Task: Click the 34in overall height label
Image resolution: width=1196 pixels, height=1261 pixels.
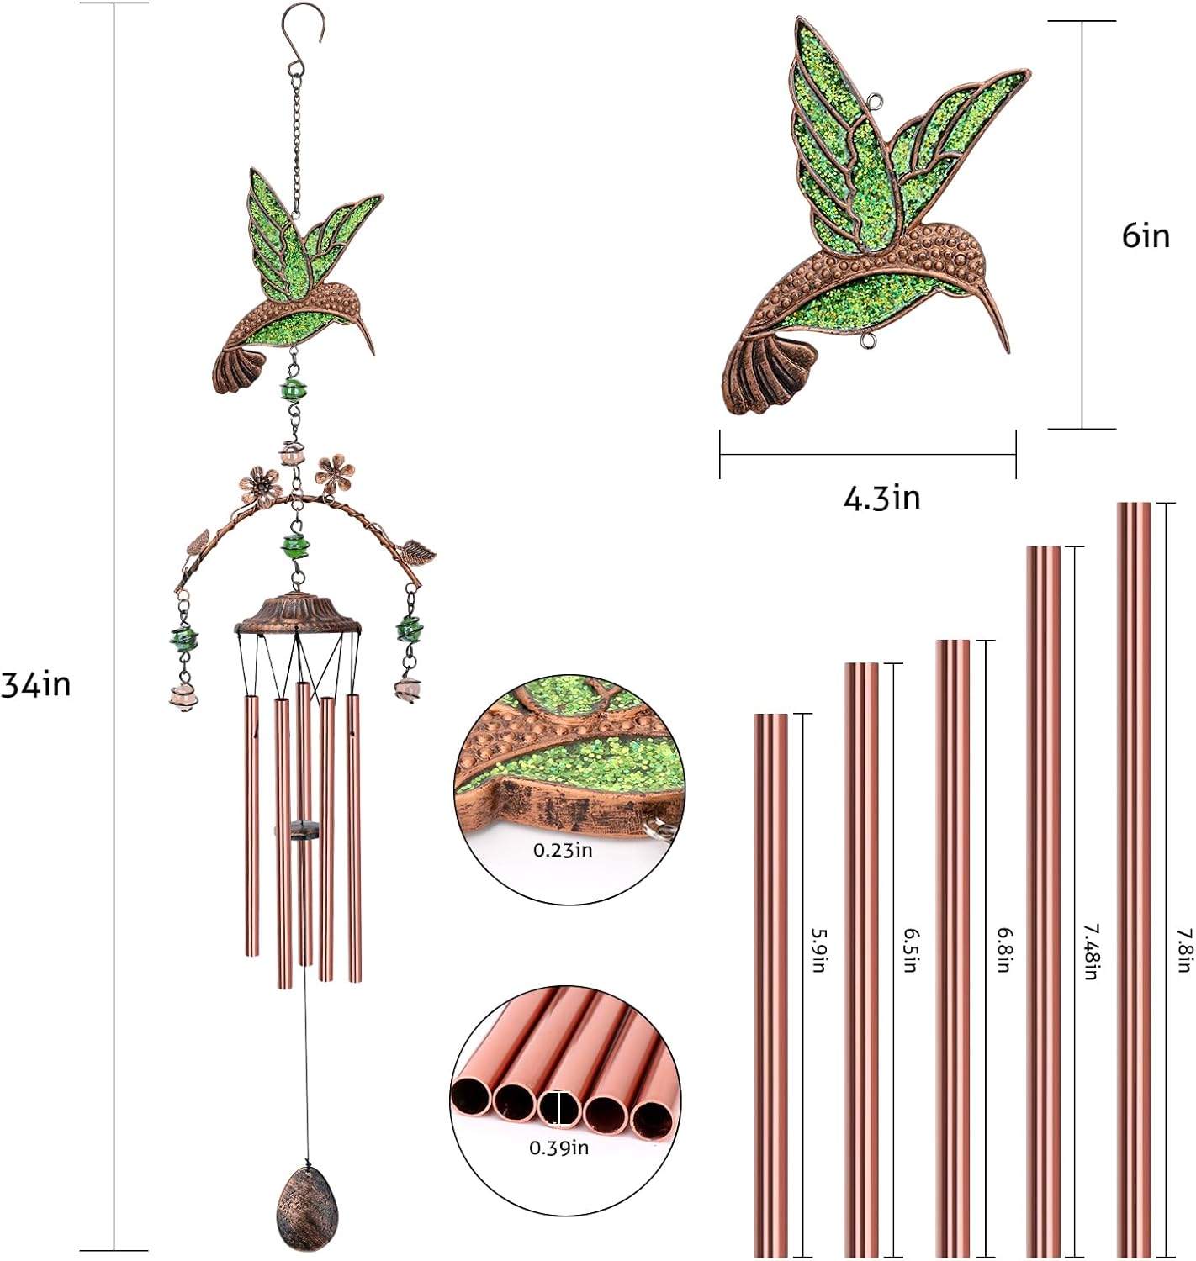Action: [x=36, y=685]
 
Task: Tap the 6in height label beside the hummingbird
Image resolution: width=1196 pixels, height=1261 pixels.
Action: [x=1146, y=236]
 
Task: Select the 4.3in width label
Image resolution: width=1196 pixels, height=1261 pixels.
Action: [x=881, y=499]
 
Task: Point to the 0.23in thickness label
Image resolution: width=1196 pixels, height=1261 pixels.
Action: [x=563, y=850]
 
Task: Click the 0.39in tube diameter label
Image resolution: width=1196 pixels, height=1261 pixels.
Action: [x=558, y=1148]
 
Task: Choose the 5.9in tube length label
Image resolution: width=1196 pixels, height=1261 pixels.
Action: [x=818, y=950]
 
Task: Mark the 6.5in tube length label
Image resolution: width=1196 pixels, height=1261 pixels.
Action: [x=910, y=950]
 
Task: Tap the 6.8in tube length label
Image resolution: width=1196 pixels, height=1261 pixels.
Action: [x=1003, y=950]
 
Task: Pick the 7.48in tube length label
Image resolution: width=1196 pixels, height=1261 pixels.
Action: [x=1090, y=952]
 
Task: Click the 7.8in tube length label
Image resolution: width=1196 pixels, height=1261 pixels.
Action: [x=1183, y=950]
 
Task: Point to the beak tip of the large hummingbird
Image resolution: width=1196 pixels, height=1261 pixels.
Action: [x=1007, y=349]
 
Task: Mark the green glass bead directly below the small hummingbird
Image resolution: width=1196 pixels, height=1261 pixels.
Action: [x=294, y=390]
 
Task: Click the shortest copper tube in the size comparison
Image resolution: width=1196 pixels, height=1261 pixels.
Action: [x=770, y=984]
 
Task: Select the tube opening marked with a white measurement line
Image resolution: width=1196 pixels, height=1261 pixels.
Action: [x=559, y=1108]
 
